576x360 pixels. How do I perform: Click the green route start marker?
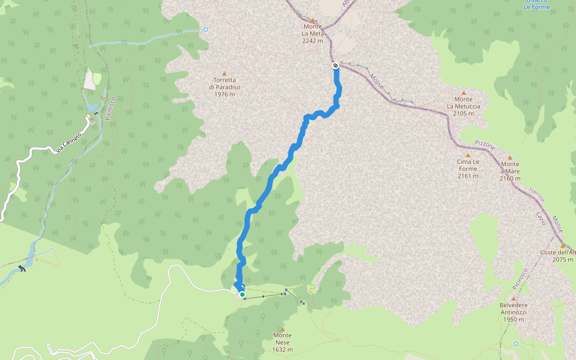pos(242,295)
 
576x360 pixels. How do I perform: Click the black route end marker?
pos(335,65)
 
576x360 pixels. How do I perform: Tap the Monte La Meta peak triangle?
pos(313,20)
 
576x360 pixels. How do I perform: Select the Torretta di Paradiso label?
pos(224,83)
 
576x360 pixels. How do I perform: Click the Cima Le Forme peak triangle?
pos(467,155)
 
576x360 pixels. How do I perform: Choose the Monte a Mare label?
pos(510,167)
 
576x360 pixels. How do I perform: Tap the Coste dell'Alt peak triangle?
pos(563,245)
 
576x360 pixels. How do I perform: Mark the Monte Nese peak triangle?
pos(282,329)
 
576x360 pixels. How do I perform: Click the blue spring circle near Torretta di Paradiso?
pos(206,29)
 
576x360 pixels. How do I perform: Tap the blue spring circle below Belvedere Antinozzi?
pos(516,344)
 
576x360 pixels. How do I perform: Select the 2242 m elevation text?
pos(313,41)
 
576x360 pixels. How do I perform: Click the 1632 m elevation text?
pos(282,350)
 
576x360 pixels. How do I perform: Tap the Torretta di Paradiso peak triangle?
pos(224,73)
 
